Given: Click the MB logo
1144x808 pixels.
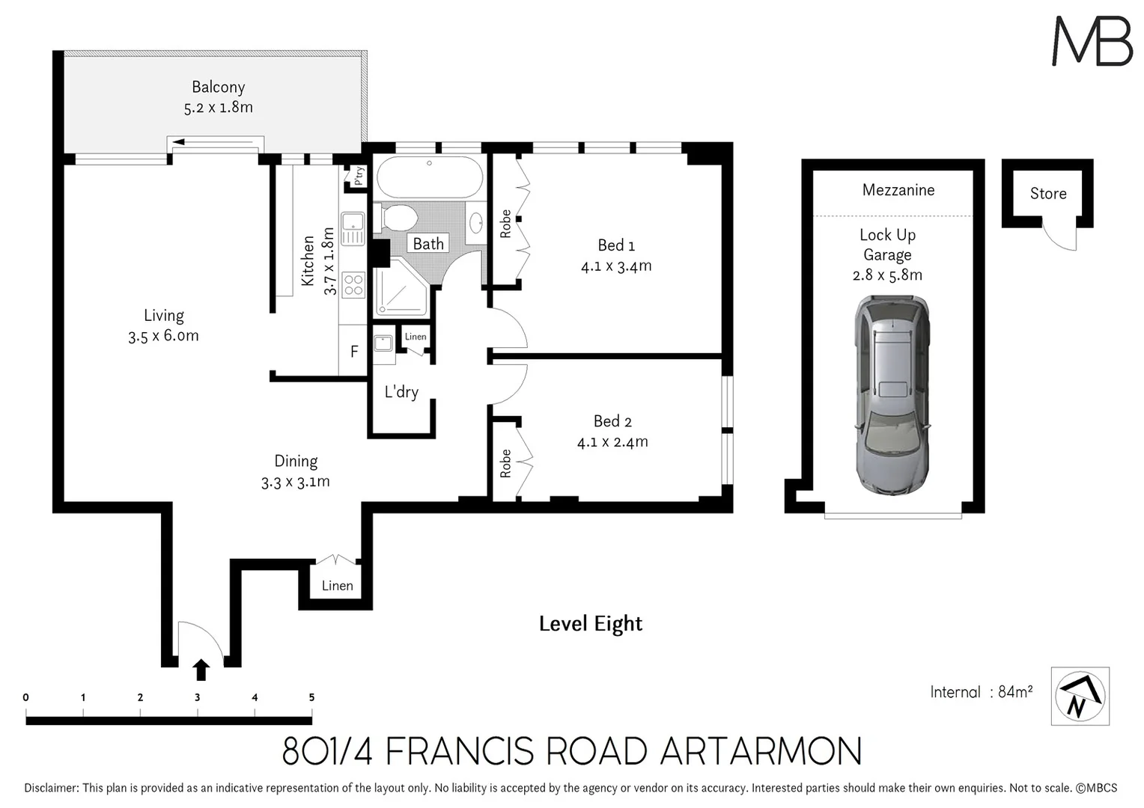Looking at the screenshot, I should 1092,41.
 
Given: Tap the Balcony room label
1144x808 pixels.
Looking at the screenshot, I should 218,88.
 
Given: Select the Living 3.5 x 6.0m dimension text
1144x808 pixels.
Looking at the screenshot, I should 163,336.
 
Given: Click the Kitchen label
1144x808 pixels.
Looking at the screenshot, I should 308,260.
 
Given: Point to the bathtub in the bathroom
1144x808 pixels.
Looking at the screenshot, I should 429,178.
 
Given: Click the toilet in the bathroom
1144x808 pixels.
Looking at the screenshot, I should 398,218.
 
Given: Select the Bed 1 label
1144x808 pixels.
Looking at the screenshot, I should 616,245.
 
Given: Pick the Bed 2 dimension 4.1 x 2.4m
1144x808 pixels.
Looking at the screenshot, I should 612,442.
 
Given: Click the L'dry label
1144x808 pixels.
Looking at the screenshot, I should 401,392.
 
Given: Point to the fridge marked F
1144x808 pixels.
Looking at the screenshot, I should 354,351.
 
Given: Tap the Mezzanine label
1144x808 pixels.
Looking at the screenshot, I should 898,190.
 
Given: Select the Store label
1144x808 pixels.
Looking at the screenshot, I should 1047,194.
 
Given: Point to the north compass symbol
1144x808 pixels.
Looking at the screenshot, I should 1080,697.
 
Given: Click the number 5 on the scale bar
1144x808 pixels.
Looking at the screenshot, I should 311,697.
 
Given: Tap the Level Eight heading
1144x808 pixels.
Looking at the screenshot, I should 591,623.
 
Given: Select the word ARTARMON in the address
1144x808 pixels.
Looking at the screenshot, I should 761,751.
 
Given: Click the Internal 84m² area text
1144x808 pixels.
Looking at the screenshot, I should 981,692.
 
